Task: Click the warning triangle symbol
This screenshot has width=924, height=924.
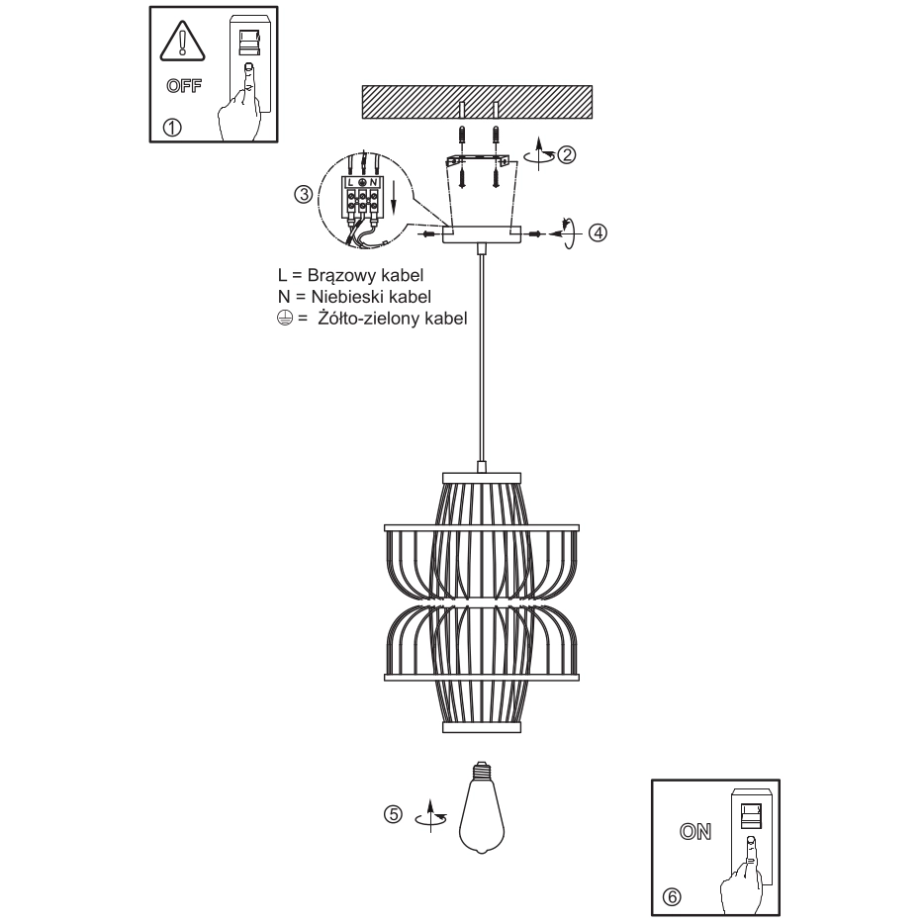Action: [x=183, y=42]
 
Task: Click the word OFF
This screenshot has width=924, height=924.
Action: [x=184, y=86]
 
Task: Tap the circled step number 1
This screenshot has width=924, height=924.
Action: [x=172, y=128]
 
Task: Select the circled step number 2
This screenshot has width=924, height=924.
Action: [x=566, y=155]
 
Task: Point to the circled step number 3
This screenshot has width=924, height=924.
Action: [x=304, y=194]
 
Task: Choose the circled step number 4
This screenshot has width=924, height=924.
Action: [x=598, y=232]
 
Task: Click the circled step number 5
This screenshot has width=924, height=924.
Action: [x=393, y=814]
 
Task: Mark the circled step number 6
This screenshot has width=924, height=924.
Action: [x=672, y=897]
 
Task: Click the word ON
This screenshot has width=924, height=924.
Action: [x=695, y=831]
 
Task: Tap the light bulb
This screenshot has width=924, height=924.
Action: [x=482, y=807]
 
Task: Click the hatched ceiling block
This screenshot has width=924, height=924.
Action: [x=477, y=102]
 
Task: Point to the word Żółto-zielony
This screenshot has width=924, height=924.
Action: [x=368, y=319]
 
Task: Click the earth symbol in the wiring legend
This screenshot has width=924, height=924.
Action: [x=285, y=319]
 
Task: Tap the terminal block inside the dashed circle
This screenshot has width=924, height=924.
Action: [x=362, y=198]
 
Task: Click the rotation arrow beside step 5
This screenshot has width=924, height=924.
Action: [x=430, y=817]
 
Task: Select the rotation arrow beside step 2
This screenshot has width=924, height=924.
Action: [x=540, y=154]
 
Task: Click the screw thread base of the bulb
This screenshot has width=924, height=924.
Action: [x=482, y=769]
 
